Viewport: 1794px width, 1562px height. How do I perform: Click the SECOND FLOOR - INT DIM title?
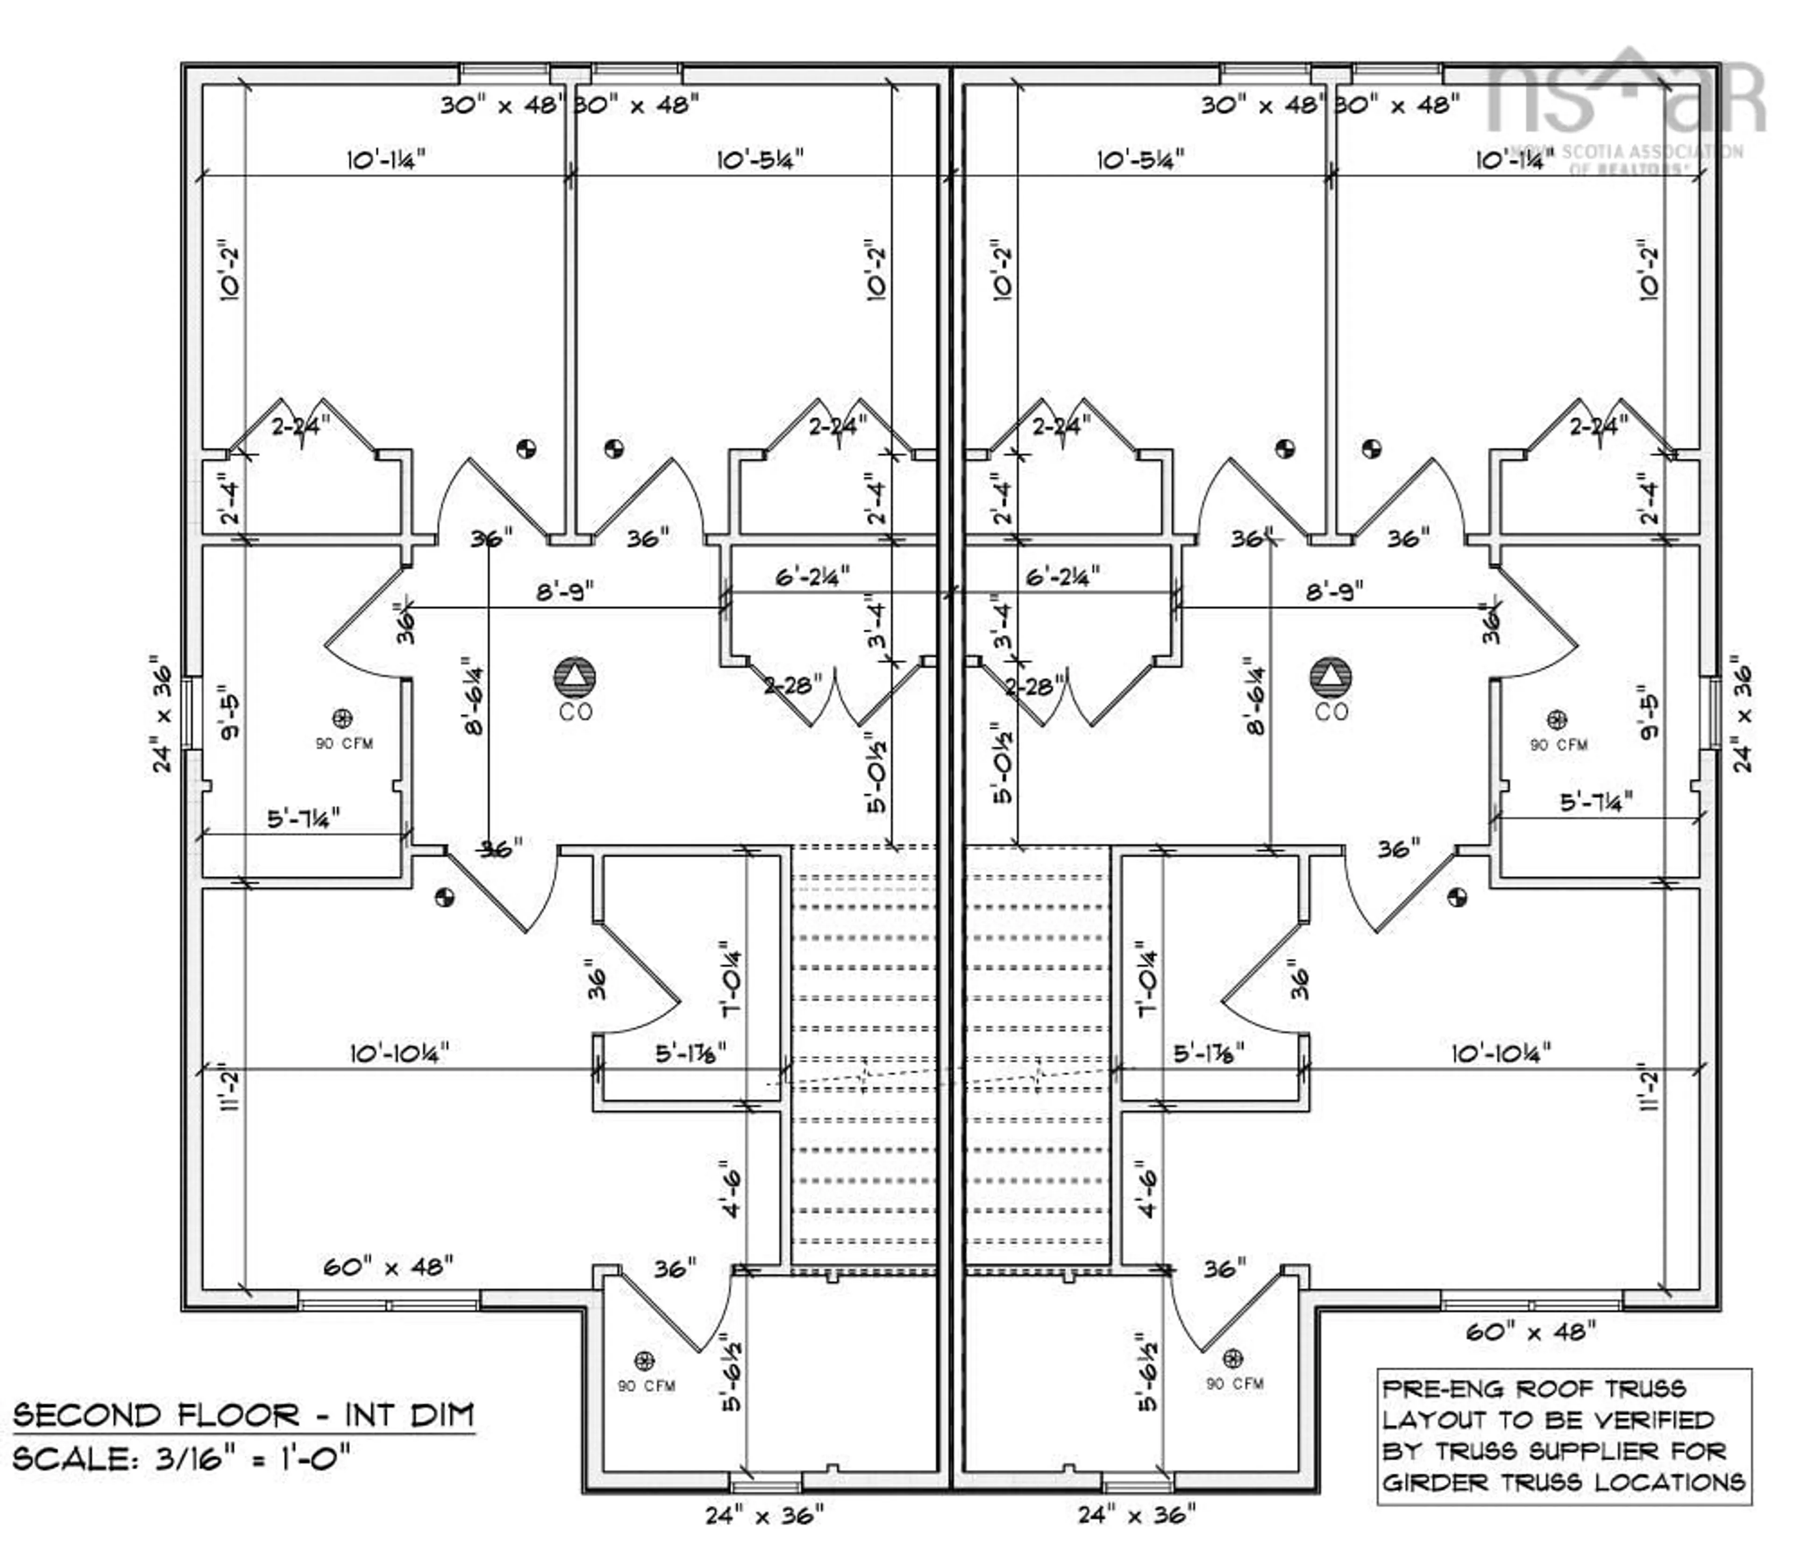tap(243, 1414)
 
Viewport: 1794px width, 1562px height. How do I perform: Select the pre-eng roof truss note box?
tap(1564, 1436)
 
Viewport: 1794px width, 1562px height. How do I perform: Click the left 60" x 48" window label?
tap(388, 1266)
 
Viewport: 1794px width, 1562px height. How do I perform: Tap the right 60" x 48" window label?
tap(1530, 1331)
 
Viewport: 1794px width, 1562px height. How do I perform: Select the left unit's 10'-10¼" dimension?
tap(399, 1053)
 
